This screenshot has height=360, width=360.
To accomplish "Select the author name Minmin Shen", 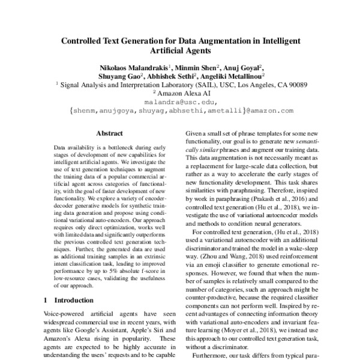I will pos(196,67).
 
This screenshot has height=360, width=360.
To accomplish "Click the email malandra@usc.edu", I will pos(180,102).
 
